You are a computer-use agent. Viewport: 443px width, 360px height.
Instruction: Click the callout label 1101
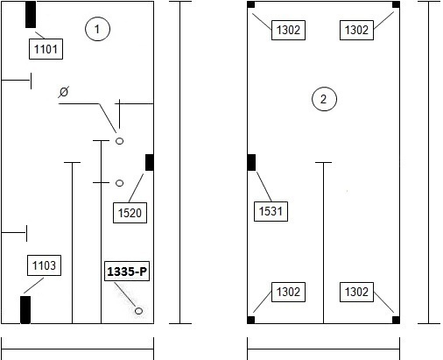pyautogui.click(x=46, y=49)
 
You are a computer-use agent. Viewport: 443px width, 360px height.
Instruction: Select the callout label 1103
pyautogui.click(x=44, y=265)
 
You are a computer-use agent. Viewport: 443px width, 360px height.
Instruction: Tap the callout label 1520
pyautogui.click(x=130, y=213)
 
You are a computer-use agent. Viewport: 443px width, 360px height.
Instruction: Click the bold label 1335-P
pyautogui.click(x=127, y=272)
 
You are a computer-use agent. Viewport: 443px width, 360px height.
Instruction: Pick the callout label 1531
pyautogui.click(x=271, y=211)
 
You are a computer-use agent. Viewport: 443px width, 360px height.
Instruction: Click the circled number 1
pyautogui.click(x=97, y=29)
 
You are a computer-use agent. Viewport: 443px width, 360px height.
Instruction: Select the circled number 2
pyautogui.click(x=324, y=99)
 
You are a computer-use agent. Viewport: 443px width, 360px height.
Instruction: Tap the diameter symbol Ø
pyautogui.click(x=64, y=92)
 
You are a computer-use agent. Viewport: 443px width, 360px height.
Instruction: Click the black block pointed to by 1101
pyautogui.click(x=31, y=15)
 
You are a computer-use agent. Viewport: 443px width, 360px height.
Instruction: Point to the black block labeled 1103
pyautogui.click(x=25, y=310)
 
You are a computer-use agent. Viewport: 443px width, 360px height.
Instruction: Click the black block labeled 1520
pyautogui.click(x=150, y=163)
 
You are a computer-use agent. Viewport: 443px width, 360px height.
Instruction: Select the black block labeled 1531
pyautogui.click(x=251, y=163)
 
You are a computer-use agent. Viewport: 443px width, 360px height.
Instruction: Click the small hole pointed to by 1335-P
pyautogui.click(x=139, y=311)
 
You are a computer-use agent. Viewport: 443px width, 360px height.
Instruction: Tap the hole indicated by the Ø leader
pyautogui.click(x=120, y=141)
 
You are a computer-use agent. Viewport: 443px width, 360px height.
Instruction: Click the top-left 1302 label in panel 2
pyautogui.click(x=288, y=30)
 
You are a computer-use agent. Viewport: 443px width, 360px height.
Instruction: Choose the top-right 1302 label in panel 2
pyautogui.click(x=356, y=30)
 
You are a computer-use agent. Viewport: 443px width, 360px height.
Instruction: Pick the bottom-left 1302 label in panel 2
pyautogui.click(x=288, y=292)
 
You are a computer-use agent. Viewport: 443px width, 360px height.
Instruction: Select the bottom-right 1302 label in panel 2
pyautogui.click(x=356, y=292)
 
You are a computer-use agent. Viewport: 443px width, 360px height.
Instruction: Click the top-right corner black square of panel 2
pyautogui.click(x=396, y=4)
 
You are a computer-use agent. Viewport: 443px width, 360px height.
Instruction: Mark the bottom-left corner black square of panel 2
pyautogui.click(x=251, y=320)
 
